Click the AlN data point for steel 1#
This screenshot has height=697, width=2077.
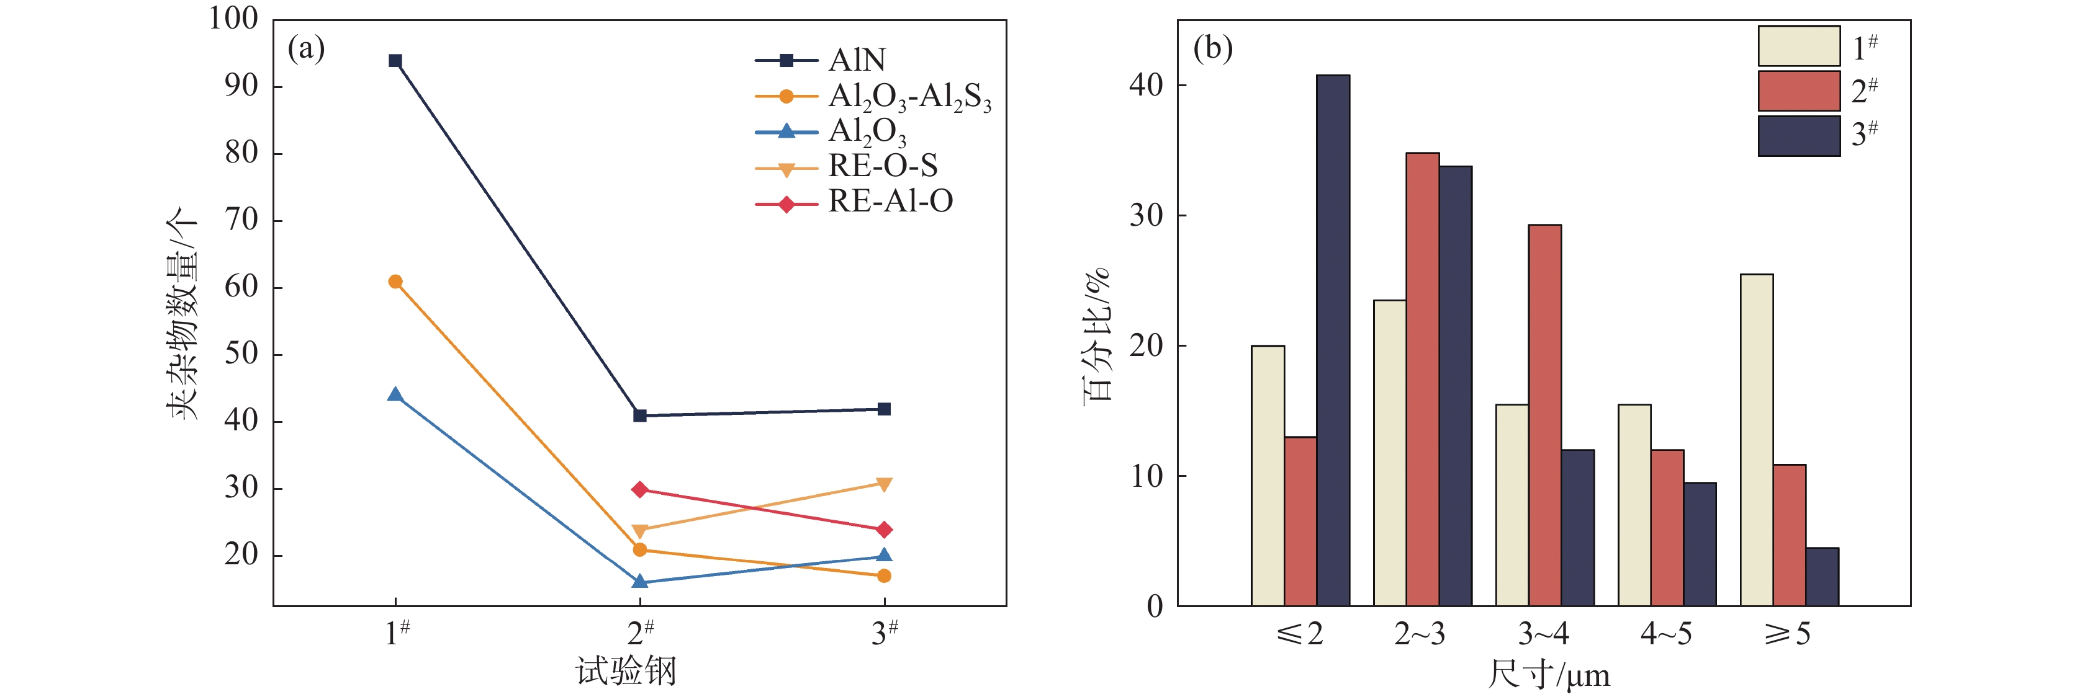(x=395, y=61)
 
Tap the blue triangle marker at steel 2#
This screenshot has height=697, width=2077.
(x=639, y=582)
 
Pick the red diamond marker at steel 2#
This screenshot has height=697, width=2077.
(x=639, y=489)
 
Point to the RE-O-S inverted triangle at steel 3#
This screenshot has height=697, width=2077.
(x=884, y=484)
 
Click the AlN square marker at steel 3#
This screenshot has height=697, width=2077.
(x=884, y=409)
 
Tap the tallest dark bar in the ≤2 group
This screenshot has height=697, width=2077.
(x=1333, y=340)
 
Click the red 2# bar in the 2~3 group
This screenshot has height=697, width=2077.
(x=1422, y=379)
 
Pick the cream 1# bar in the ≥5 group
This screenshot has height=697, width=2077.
(x=1756, y=440)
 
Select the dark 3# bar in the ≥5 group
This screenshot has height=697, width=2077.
(x=1822, y=577)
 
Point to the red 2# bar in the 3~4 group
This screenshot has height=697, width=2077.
(x=1544, y=415)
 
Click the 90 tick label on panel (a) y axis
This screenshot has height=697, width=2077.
(x=241, y=86)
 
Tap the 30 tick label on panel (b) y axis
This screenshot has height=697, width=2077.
(x=1146, y=216)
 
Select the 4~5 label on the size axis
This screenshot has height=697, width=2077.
(x=1666, y=635)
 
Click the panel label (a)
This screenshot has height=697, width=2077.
(x=307, y=48)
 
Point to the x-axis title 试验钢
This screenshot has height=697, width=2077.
(x=626, y=671)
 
